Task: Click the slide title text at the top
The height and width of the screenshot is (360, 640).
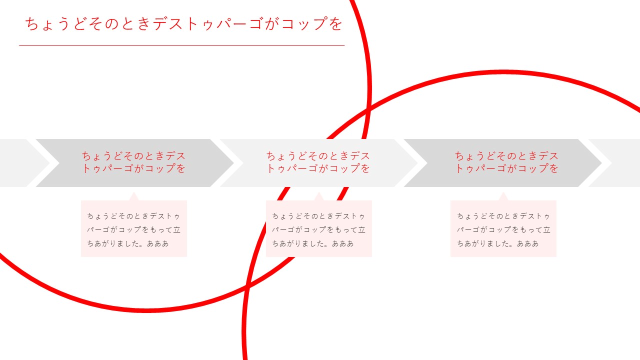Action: pyautogui.click(x=183, y=23)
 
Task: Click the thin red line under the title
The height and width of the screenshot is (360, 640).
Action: pyautogui.click(x=181, y=45)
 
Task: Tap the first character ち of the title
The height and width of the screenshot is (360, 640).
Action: pyautogui.click(x=31, y=23)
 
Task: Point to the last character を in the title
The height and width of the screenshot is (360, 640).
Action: pyautogui.click(x=335, y=23)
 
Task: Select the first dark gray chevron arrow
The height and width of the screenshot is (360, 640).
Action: pyautogui.click(x=135, y=163)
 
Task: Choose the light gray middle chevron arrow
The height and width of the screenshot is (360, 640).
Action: pyautogui.click(x=319, y=163)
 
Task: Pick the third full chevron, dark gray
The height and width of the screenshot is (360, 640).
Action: pyautogui.click(x=503, y=163)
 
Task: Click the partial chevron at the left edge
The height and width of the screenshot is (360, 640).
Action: pyautogui.click(x=23, y=163)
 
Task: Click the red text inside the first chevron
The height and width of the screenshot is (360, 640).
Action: pyautogui.click(x=134, y=162)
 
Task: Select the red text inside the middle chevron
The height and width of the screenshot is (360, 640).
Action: pyautogui.click(x=318, y=162)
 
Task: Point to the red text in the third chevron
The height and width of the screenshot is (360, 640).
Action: pyautogui.click(x=506, y=162)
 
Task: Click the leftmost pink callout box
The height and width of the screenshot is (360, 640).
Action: pyautogui.click(x=134, y=228)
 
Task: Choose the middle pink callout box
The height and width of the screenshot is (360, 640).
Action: pyautogui.click(x=319, y=228)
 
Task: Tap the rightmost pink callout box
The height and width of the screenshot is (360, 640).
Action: pyautogui.click(x=503, y=228)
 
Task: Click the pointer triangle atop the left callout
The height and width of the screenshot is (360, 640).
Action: pyautogui.click(x=133, y=197)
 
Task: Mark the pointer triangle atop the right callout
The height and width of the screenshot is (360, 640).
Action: pyautogui.click(x=503, y=197)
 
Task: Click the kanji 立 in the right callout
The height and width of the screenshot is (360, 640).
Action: pyautogui.click(x=547, y=229)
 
